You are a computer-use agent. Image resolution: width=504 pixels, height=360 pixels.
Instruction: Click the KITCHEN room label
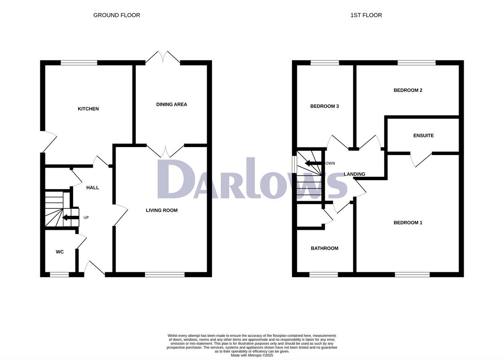(88, 109)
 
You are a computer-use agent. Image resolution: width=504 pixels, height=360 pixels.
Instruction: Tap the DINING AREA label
(171, 104)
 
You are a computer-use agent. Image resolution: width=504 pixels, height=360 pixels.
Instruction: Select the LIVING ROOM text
(162, 210)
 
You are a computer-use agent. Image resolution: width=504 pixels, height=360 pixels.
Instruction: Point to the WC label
(60, 252)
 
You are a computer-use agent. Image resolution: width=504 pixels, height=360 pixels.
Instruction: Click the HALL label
(92, 187)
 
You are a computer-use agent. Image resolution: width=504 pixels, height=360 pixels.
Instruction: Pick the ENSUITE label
(423, 136)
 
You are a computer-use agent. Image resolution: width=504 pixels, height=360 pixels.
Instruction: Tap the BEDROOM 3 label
(324, 106)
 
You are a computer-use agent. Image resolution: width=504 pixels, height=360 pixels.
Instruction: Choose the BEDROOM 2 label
(408, 90)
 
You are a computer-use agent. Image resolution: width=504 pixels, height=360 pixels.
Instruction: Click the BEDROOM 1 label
(408, 223)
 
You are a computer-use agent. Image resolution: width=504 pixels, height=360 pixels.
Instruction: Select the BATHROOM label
(324, 248)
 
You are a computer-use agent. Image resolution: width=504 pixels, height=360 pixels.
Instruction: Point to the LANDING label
(354, 174)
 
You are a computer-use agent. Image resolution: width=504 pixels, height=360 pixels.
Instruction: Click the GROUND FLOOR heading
(117, 15)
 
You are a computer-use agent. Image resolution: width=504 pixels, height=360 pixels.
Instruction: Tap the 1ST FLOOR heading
(366, 15)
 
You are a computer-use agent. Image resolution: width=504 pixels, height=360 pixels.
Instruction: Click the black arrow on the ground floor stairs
(67, 217)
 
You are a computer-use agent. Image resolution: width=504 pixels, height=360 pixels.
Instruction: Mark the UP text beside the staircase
(86, 218)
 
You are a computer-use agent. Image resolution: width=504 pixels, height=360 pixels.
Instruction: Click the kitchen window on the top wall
(79, 63)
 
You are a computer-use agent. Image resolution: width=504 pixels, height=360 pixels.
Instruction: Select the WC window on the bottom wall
(60, 275)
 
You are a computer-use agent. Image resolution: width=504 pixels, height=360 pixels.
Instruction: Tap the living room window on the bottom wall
(165, 275)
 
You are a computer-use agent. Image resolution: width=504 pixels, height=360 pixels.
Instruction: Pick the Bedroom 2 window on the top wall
(417, 63)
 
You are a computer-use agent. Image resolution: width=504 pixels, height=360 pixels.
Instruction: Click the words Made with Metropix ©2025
(252, 355)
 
